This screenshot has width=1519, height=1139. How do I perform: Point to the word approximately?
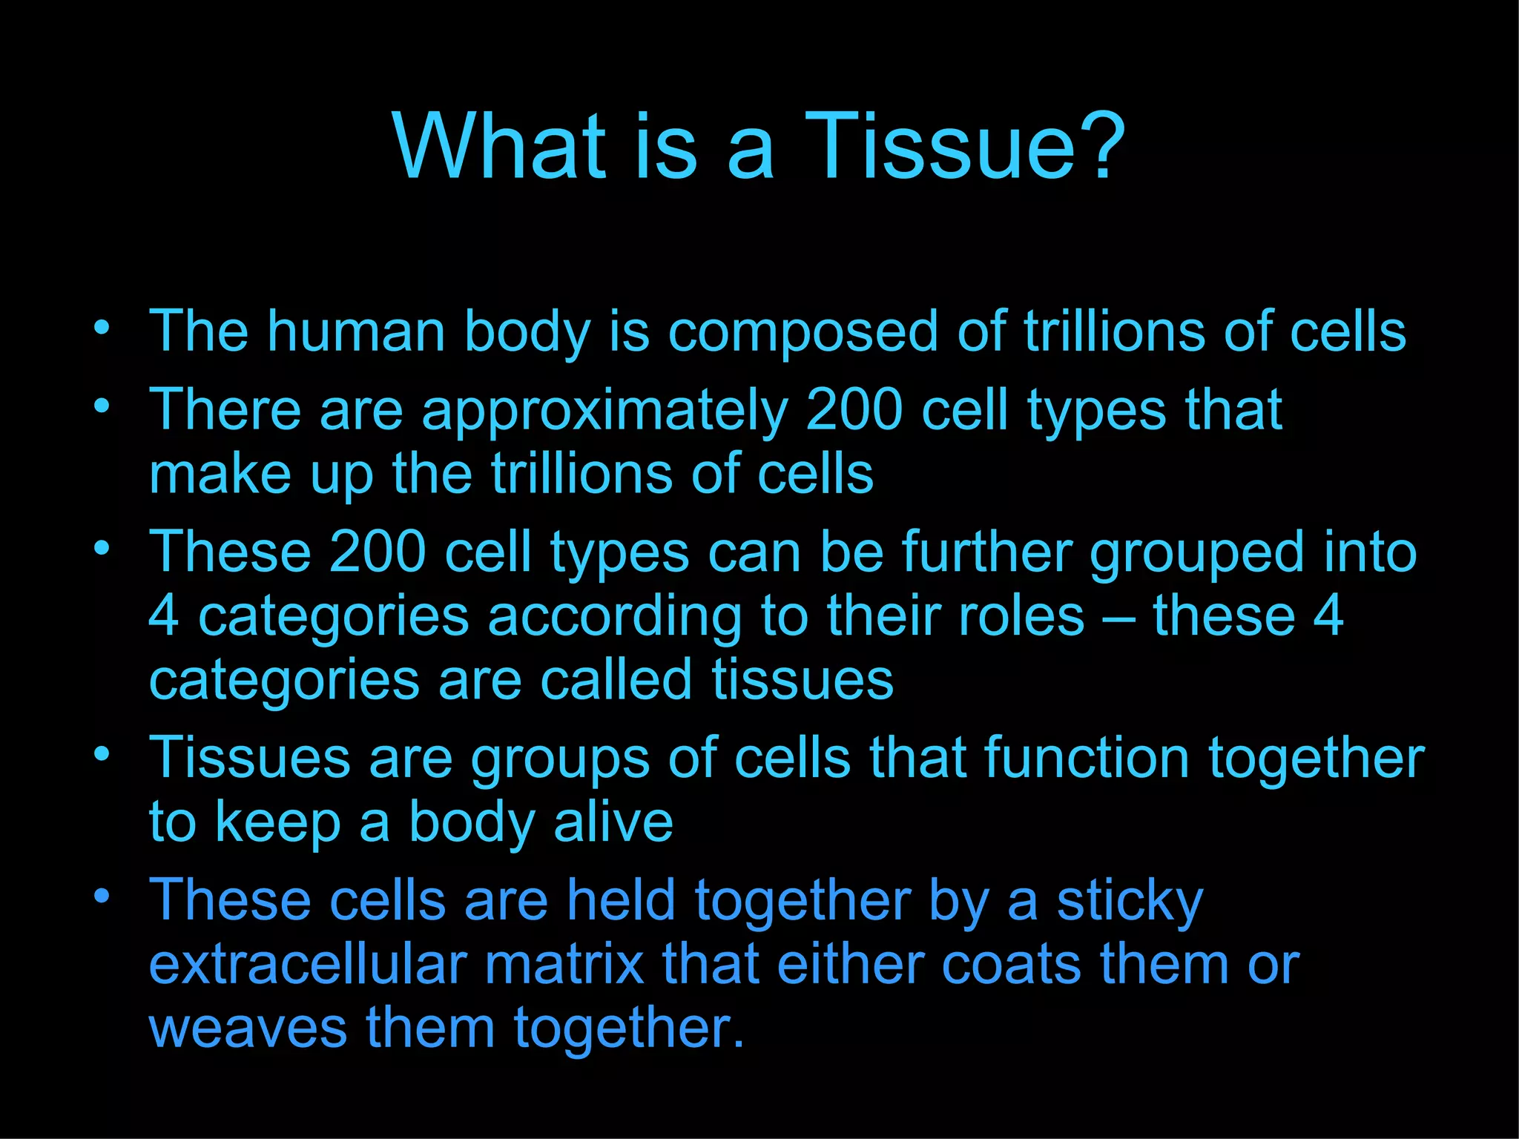click(604, 412)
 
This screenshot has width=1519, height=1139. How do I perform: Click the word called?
click(615, 680)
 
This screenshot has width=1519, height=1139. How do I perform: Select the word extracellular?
click(307, 965)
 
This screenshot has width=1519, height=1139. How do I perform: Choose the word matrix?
click(564, 965)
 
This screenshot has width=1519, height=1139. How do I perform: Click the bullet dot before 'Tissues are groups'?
click(102, 754)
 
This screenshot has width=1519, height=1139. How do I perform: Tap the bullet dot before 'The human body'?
click(102, 326)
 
